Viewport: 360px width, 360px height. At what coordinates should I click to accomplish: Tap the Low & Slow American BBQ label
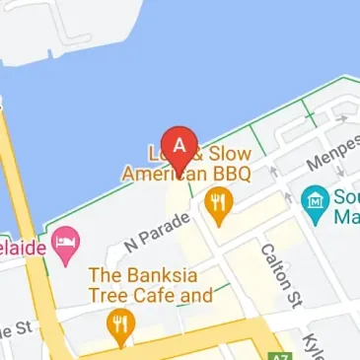point(186,164)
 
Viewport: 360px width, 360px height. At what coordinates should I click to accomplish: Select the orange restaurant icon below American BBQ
point(217,204)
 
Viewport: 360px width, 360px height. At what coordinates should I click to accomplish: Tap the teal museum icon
point(315,200)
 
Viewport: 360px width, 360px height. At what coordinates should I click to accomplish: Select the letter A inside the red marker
point(179,143)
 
